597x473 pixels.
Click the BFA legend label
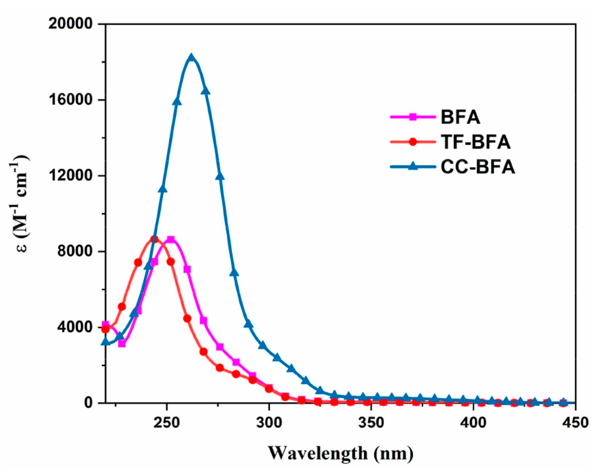[x=460, y=117]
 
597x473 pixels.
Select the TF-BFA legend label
[x=476, y=142]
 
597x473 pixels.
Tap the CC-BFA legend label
[x=478, y=167]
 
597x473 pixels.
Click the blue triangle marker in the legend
[x=412, y=166]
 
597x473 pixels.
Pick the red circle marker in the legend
[x=412, y=142]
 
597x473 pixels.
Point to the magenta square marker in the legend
[x=412, y=117]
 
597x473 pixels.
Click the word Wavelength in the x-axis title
[x=318, y=453]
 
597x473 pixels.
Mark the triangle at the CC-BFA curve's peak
[x=191, y=58]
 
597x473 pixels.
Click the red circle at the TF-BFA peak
[x=154, y=239]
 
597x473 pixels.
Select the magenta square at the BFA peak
[x=171, y=239]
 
